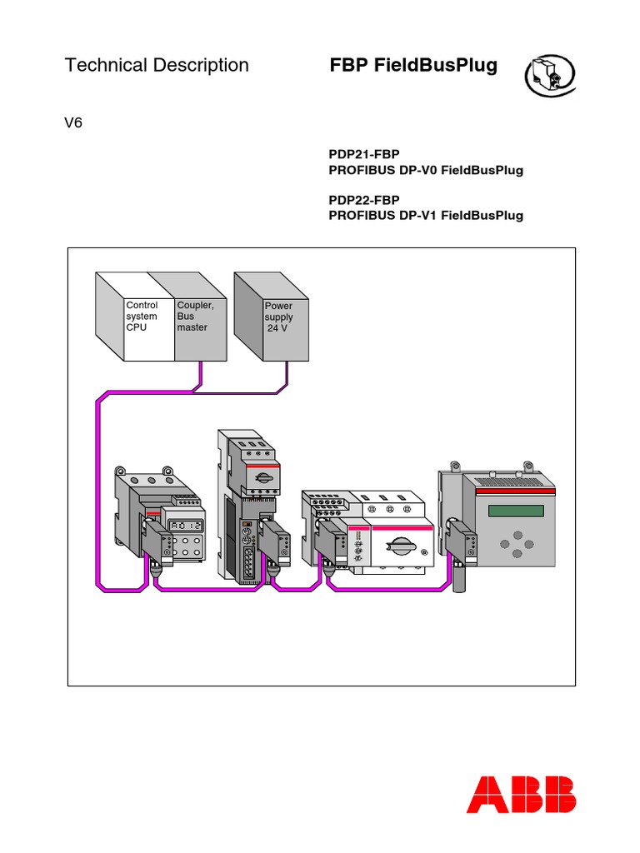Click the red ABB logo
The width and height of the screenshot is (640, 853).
[x=521, y=794]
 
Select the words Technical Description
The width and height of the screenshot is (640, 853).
[x=157, y=65]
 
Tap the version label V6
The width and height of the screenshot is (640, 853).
[x=74, y=123]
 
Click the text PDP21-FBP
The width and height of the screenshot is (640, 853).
[x=365, y=154]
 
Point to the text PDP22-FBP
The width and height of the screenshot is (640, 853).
[x=365, y=199]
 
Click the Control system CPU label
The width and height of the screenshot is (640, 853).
[x=142, y=317]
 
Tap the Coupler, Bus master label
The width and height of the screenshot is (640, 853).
[x=193, y=317]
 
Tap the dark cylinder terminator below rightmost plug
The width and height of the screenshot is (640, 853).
[x=457, y=577]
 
